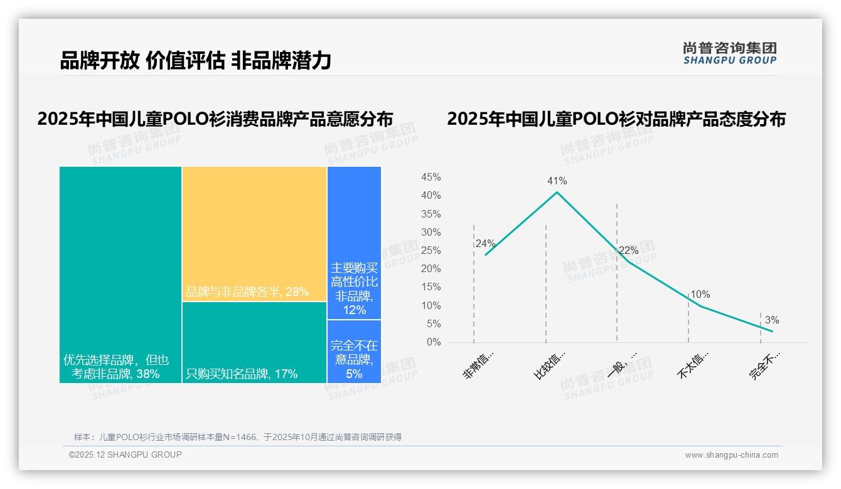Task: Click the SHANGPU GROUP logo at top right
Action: [729, 53]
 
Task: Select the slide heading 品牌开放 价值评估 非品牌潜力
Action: [195, 60]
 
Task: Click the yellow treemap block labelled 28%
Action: [254, 233]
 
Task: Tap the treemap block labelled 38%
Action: [121, 275]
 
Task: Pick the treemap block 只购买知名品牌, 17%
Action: [254, 342]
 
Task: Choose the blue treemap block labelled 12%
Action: [354, 243]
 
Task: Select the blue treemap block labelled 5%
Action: [354, 352]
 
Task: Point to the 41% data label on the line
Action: [557, 181]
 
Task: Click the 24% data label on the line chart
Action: [485, 244]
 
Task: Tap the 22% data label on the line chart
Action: [628, 251]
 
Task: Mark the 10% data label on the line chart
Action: [700, 295]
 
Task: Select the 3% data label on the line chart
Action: [771, 320]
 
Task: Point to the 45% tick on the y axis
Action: [431, 177]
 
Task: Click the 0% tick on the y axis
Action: [434, 342]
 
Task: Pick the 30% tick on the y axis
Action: [431, 233]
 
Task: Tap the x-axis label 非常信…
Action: [479, 366]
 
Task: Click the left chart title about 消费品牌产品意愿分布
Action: [215, 119]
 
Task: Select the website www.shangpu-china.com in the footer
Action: [731, 455]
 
